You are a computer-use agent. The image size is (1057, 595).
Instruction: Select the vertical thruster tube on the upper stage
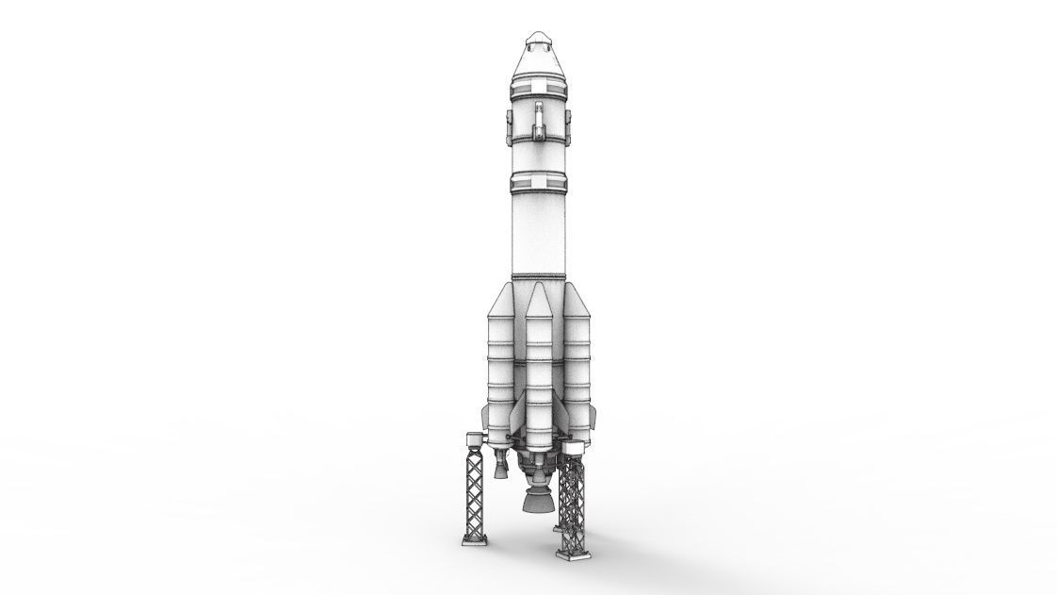point(539,121)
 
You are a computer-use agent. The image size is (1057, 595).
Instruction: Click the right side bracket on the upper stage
point(568,123)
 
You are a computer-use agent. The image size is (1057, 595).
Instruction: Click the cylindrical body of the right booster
point(577,368)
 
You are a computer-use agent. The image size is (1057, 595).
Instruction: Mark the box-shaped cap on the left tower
point(473,438)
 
